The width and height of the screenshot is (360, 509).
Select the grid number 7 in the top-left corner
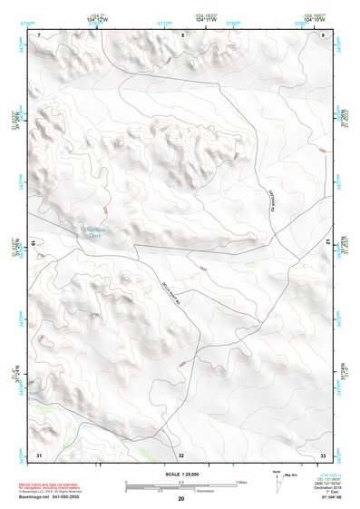[x=39, y=34]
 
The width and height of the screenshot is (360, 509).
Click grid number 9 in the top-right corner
[x=324, y=34]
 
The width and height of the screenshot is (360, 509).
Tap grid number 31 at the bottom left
[x=39, y=454]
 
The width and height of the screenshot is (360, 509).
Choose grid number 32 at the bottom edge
[x=181, y=455]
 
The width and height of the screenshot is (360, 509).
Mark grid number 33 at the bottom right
[x=322, y=454]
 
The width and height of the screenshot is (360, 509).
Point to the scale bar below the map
[x=180, y=485]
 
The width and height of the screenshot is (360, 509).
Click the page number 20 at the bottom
[x=181, y=500]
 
